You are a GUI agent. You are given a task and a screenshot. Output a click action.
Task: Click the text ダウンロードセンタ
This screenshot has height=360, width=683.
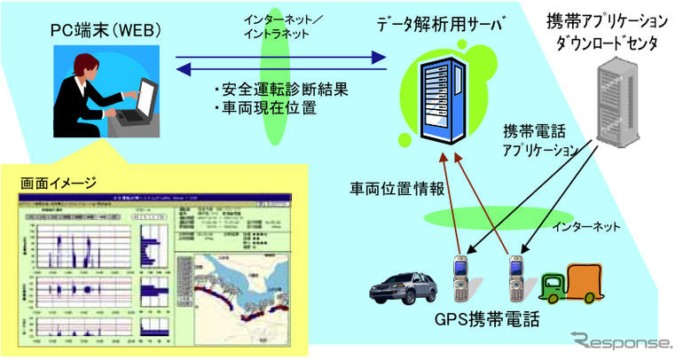tap(609, 41)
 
